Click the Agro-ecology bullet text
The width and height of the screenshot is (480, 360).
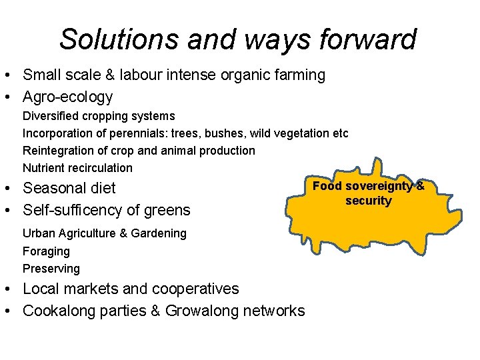click(68, 97)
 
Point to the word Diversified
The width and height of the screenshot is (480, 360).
click(51, 116)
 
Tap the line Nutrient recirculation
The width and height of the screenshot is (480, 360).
click(77, 168)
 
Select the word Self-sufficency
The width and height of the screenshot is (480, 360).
click(73, 211)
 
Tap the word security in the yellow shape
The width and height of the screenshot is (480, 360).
click(369, 201)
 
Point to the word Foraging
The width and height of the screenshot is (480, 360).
click(46, 251)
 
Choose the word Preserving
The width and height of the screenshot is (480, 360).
click(51, 269)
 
